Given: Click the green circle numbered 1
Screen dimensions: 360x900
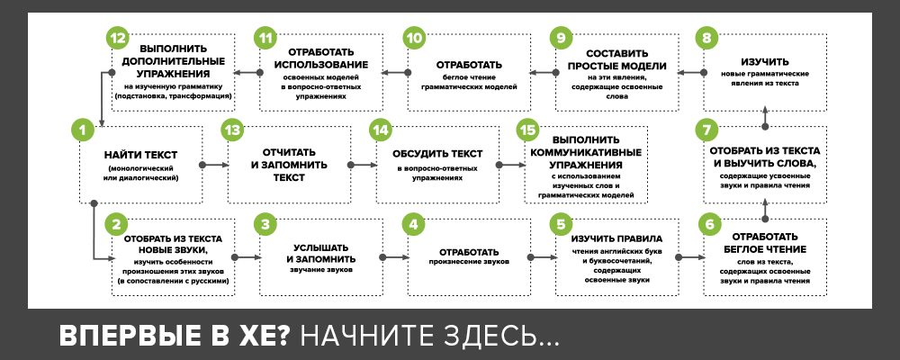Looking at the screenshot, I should pyautogui.click(x=82, y=130).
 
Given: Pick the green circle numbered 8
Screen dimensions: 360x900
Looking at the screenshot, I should pyautogui.click(x=708, y=38).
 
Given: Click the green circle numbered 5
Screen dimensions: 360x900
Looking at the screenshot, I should pyautogui.click(x=561, y=223).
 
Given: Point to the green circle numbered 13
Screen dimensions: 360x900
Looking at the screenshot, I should pyautogui.click(x=232, y=130).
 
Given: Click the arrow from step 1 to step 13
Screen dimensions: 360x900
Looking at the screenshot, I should pyautogui.click(x=212, y=165).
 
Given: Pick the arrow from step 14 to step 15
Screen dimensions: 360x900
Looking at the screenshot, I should pyautogui.click(x=508, y=165).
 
